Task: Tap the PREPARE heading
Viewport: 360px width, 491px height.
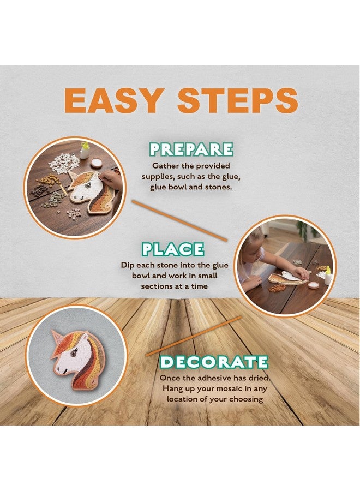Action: click(x=191, y=149)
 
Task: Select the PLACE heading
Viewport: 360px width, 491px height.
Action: click(x=173, y=249)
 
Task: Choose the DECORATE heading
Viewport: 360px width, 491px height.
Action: click(x=214, y=362)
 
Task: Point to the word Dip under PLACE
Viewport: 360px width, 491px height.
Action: click(x=128, y=265)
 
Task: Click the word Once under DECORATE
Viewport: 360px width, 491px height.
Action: click(x=170, y=378)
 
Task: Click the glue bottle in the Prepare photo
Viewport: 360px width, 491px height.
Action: click(x=85, y=150)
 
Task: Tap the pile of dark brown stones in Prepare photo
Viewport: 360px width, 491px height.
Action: click(x=39, y=190)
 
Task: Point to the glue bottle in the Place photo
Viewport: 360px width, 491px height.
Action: click(x=328, y=277)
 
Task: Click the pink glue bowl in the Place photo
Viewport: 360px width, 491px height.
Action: click(x=314, y=285)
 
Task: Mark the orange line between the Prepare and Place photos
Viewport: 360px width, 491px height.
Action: click(x=179, y=220)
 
